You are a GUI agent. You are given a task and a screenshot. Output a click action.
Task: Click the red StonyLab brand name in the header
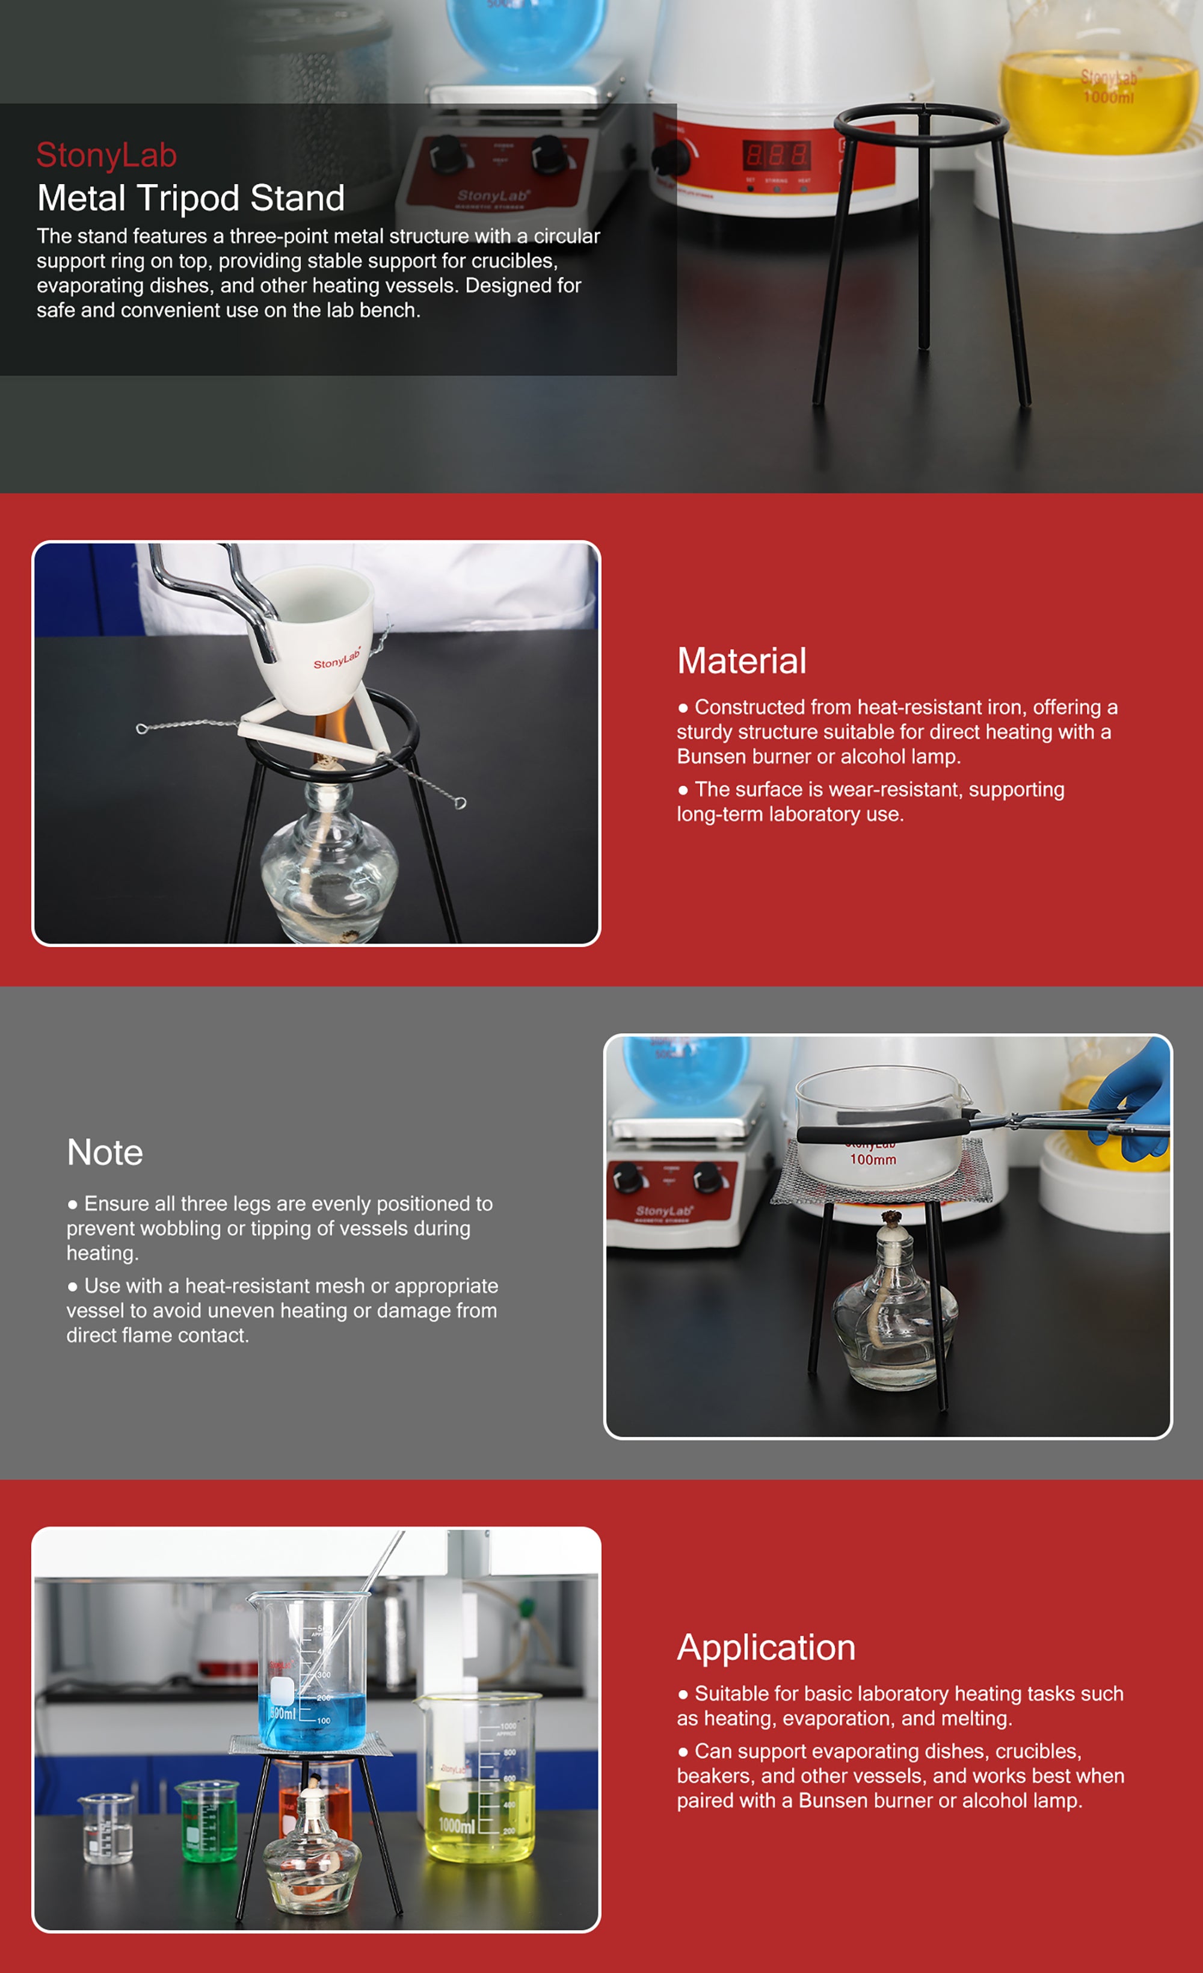coord(106,155)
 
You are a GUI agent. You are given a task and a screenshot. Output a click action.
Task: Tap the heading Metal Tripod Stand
coord(191,198)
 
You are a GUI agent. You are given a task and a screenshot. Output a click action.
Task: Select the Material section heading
coord(741,661)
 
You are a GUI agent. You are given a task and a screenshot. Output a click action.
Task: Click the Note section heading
coord(105,1152)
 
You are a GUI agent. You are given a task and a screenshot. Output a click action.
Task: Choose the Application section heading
coord(766,1648)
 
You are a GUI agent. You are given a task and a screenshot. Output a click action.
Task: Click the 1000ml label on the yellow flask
coord(1109,97)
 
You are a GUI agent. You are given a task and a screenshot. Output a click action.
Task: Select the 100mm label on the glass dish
coord(873,1159)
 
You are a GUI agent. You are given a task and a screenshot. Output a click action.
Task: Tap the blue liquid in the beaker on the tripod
coord(312,1721)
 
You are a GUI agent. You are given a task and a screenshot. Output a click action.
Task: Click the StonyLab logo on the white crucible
coord(337,658)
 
